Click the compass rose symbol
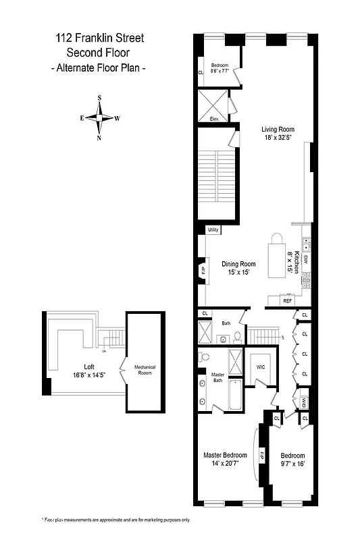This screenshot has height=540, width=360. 101,118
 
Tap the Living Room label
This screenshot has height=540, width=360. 278,134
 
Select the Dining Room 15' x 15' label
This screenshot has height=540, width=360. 238,268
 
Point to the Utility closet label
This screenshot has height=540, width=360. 213,230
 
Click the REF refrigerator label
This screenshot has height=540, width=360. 287,301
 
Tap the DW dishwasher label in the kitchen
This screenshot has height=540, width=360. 305,259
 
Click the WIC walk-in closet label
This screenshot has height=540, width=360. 261,368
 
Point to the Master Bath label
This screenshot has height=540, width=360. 217,377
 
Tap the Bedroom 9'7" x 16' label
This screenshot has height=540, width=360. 292,460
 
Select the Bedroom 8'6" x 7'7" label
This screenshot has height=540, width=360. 220,67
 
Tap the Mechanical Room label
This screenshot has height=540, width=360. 145,370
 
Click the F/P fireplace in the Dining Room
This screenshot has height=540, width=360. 204,271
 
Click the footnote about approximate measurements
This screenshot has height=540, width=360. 116,520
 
